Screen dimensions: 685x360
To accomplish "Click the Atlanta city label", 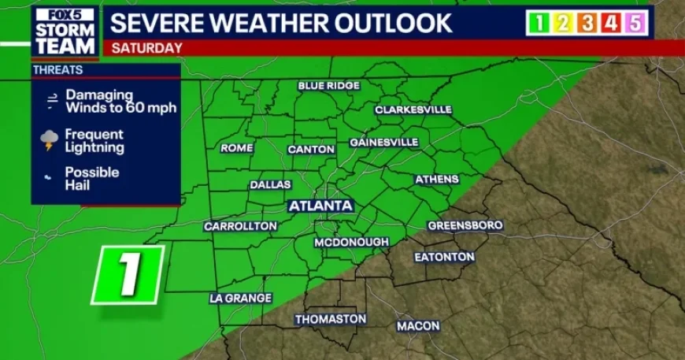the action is tap(320, 206).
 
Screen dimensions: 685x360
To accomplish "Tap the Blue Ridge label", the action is tap(328, 86).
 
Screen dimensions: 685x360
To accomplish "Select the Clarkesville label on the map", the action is tap(413, 109).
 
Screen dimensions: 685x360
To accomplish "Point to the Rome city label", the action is tap(236, 148).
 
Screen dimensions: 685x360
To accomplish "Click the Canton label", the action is tap(311, 149).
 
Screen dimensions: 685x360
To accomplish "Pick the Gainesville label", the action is tap(383, 143).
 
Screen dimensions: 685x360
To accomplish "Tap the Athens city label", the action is tap(437, 180).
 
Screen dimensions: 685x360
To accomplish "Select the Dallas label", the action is tap(270, 185).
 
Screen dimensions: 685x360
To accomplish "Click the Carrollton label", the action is tap(240, 226).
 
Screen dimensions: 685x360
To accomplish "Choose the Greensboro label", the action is tap(465, 226).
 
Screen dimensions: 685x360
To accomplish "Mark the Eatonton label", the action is tap(445, 258).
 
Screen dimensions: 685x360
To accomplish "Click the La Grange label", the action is tap(240, 299).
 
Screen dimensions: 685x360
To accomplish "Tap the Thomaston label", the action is tap(331, 319).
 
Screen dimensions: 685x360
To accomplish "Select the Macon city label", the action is tap(418, 325).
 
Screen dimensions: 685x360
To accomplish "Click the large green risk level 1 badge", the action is tap(128, 275).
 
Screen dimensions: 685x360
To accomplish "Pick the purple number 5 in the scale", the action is tap(634, 24).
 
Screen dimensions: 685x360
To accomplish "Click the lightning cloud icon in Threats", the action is tap(50, 141).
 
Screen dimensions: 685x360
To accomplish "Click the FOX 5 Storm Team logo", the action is tap(65, 32).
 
